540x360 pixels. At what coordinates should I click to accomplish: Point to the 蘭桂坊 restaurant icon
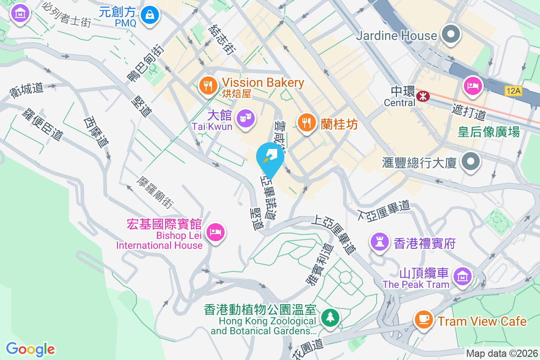point(306,122)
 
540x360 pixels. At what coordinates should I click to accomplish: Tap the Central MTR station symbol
point(423,96)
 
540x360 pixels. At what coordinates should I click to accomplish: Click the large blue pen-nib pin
point(270,157)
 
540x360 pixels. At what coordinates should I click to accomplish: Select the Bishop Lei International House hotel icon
point(216,233)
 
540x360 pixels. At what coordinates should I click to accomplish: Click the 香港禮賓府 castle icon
point(379,242)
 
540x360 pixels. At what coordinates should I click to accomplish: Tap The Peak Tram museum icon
point(462,277)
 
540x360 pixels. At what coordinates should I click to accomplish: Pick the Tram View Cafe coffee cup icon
point(423,320)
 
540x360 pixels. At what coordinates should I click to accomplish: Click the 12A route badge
point(513,91)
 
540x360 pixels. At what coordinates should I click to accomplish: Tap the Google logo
point(31,349)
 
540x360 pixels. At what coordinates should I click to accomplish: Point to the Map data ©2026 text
point(501,354)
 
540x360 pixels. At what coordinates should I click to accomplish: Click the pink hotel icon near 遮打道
point(472,85)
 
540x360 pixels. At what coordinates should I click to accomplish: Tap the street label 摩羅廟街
point(155,192)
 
